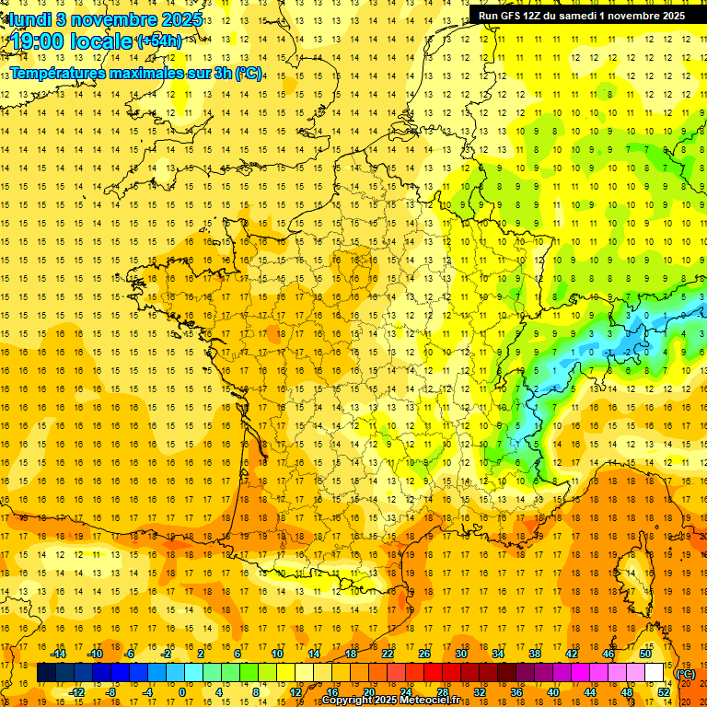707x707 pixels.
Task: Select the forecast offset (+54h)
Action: point(158,41)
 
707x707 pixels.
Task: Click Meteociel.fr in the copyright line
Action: point(431,701)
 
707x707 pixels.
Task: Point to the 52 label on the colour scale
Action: point(663,691)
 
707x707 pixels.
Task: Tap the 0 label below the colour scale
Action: point(181,691)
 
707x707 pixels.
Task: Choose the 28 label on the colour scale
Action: point(443,691)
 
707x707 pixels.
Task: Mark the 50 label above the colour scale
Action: point(644,654)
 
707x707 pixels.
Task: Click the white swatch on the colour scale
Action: point(655,673)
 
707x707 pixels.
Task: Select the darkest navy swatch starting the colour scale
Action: point(46,673)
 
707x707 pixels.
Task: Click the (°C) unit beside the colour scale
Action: point(686,673)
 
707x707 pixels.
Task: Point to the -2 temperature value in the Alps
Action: point(628,352)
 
